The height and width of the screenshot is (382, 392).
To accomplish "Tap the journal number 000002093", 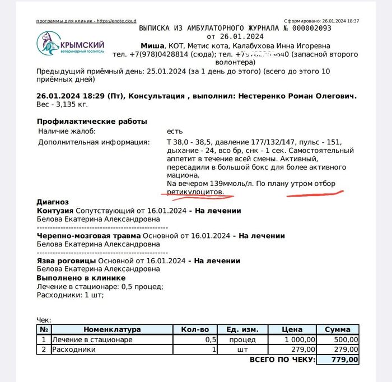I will pyautogui.click(x=310, y=27).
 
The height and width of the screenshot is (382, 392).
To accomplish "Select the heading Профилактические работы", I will pyautogui.click(x=92, y=122).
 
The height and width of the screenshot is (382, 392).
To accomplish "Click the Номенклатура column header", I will pyautogui.click(x=112, y=329).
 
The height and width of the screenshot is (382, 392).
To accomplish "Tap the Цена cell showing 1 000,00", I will pyautogui.click(x=300, y=339).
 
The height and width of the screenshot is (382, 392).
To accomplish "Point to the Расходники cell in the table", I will pyautogui.click(x=73, y=350).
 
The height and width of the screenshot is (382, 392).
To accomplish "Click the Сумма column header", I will pyautogui.click(x=337, y=329).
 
